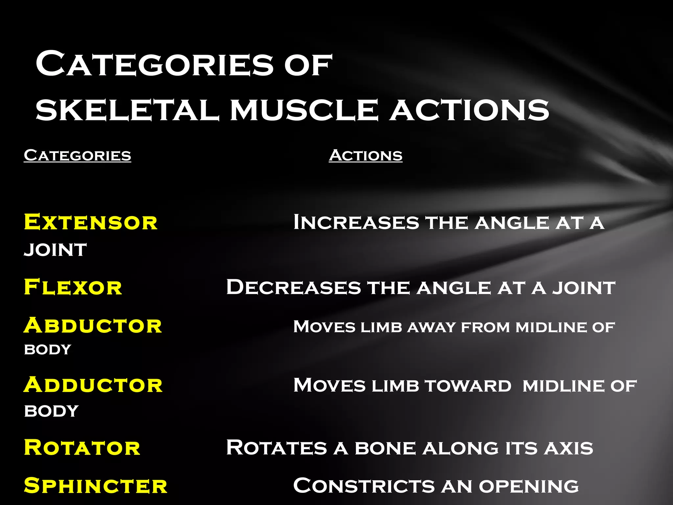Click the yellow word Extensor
point(91,222)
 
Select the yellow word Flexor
point(73,287)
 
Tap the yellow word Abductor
point(93,326)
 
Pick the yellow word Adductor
point(93,385)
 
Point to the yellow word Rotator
point(82,448)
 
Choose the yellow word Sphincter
point(95,486)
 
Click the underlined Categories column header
point(78,155)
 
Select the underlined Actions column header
point(365,155)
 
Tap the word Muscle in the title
point(304,110)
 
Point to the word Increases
point(356,222)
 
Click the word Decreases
point(293,287)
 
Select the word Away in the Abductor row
point(431,327)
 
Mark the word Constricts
point(364,486)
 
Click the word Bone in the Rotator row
point(385,448)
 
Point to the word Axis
point(569,448)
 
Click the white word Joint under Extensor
point(55,250)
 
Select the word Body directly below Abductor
point(48,349)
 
